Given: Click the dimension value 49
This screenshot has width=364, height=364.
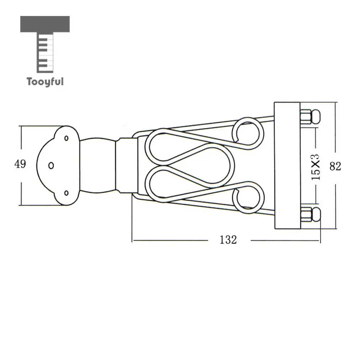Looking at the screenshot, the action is (20, 164).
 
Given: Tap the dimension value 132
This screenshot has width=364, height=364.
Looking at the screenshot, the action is (228, 240).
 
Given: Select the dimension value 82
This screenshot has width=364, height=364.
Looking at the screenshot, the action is (335, 166).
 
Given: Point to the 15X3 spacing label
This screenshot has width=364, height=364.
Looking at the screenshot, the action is (315, 167).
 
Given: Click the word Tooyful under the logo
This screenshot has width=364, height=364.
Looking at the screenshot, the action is (45, 82).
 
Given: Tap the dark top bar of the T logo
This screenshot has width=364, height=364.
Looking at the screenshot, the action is (45, 24).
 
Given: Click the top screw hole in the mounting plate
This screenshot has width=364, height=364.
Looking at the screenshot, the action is (66, 138).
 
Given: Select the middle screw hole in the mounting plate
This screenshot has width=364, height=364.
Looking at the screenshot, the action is (51, 166).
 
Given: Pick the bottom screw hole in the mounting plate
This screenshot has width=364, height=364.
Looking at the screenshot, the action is (66, 193).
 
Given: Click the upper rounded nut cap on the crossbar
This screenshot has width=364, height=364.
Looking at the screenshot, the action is (316, 117).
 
